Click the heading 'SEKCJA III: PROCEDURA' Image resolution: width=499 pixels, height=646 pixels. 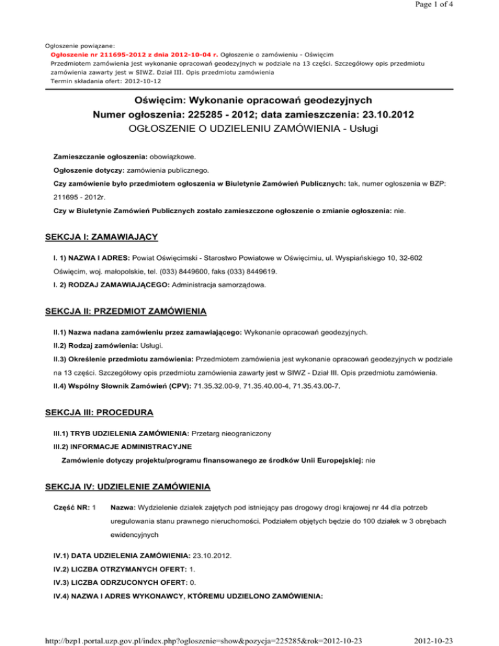coord(97,415)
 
